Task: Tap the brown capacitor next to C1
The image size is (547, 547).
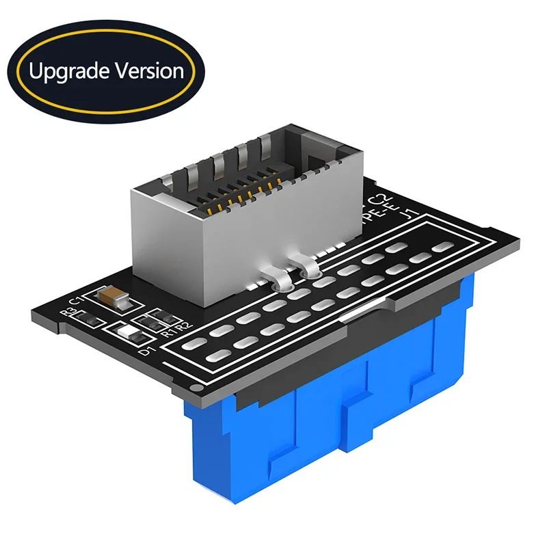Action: pos(111,295)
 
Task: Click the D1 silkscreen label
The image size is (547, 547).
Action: pos(145,352)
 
